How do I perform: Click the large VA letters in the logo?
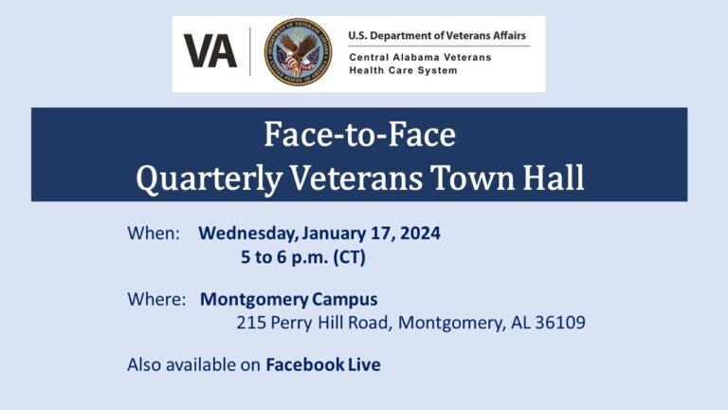209,51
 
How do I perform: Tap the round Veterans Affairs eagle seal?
298,52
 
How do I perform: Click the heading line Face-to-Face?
359,136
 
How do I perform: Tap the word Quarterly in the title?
197,177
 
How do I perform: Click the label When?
154,233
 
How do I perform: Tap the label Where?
156,299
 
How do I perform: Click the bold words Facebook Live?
322,364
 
